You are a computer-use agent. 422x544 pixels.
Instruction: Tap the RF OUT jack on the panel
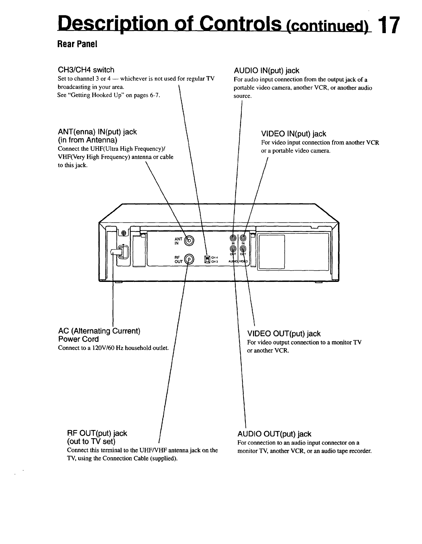click(x=189, y=260)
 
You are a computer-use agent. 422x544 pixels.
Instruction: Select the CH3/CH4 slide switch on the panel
click(x=207, y=260)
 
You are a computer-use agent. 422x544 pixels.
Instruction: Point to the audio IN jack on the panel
click(x=233, y=238)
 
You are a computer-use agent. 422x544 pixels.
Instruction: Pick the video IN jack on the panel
click(x=243, y=238)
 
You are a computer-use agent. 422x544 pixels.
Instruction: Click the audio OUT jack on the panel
click(x=233, y=249)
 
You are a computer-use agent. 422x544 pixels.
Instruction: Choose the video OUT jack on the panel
click(x=243, y=249)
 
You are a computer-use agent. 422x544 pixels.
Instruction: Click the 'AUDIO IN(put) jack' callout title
click(x=266, y=71)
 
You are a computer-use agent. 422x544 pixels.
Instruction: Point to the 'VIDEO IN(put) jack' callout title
click(x=294, y=133)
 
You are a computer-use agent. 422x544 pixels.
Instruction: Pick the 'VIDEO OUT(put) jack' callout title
click(x=284, y=333)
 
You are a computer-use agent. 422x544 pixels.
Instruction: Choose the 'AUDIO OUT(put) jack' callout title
click(x=274, y=434)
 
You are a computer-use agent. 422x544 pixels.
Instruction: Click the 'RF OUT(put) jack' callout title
click(x=97, y=433)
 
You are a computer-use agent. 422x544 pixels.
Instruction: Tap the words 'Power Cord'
click(x=78, y=339)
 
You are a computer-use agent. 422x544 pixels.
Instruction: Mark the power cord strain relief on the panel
click(x=120, y=252)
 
